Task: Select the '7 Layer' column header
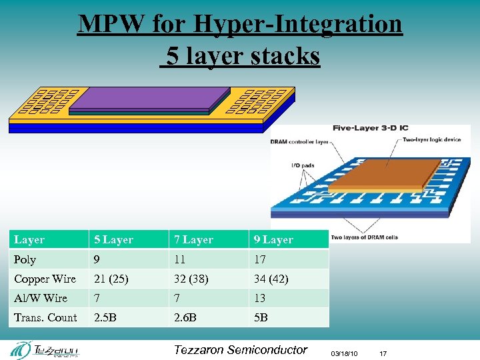click(x=193, y=239)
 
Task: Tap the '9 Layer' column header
click(x=273, y=239)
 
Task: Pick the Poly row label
click(x=25, y=259)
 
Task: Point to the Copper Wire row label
click(x=45, y=279)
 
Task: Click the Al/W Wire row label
click(x=41, y=298)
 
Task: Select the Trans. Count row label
click(x=45, y=317)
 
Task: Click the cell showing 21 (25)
click(x=111, y=279)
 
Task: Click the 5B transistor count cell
click(x=260, y=317)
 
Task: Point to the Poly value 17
click(x=259, y=259)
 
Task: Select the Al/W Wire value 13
click(x=259, y=298)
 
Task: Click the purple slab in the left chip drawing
click(x=147, y=99)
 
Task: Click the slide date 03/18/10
click(x=344, y=353)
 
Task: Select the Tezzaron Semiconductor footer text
click(x=240, y=350)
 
